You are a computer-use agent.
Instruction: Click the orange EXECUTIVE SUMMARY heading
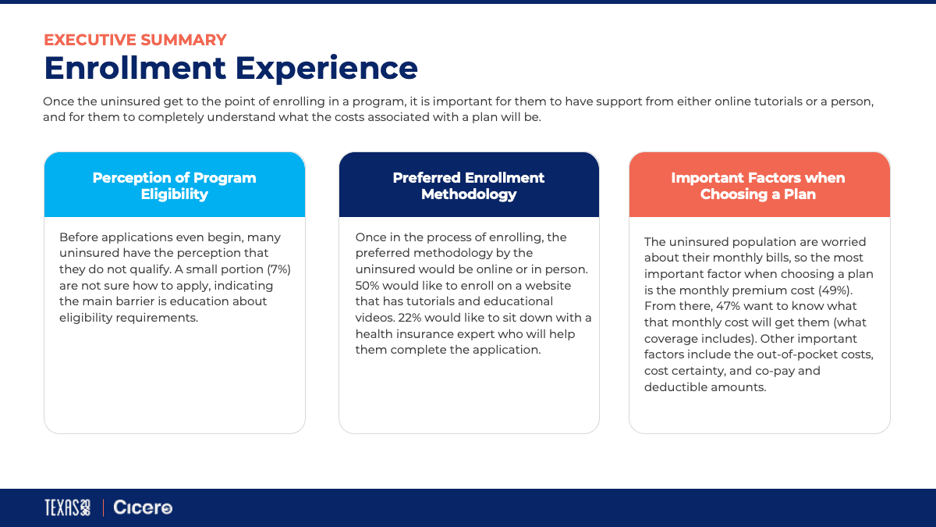coord(136,40)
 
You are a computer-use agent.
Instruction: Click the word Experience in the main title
coord(326,69)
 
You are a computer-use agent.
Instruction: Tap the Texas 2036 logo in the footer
coord(67,507)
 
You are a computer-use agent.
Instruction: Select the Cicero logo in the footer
coord(143,507)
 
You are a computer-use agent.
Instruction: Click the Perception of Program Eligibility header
coord(174,186)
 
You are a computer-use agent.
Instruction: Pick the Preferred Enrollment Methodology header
coord(469,186)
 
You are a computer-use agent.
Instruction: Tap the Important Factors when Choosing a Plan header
coord(758,186)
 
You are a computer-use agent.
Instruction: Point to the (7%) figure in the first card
coord(279,269)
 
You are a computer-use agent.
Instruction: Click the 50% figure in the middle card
coord(367,286)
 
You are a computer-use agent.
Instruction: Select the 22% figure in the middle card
coord(409,318)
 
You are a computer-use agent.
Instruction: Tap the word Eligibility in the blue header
coord(174,194)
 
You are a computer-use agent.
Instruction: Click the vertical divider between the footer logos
coord(103,507)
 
